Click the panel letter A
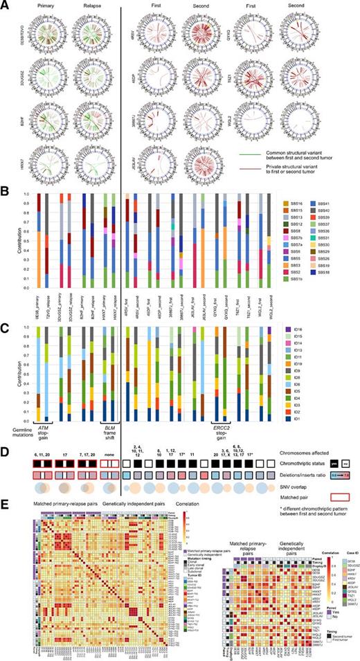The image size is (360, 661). [4, 4]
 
